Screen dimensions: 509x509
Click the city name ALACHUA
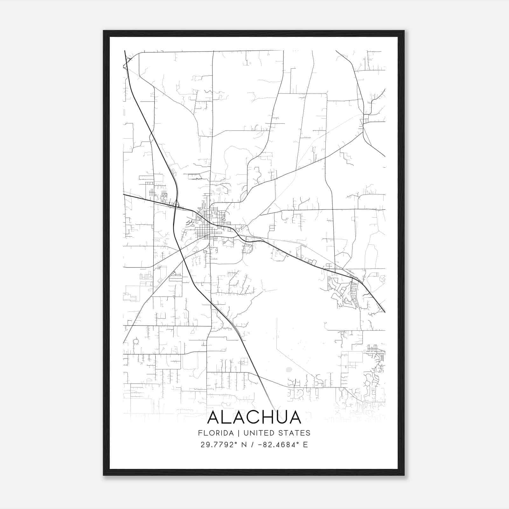coord(254,418)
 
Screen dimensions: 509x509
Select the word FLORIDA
coord(212,433)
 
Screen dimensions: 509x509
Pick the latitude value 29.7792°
coord(219,445)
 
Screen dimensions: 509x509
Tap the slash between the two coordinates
coord(253,445)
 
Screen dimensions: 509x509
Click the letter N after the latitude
coord(245,445)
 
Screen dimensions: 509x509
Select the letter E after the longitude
coord(305,445)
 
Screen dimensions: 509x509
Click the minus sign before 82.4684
coord(261,445)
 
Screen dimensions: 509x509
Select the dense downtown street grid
coord(207,223)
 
